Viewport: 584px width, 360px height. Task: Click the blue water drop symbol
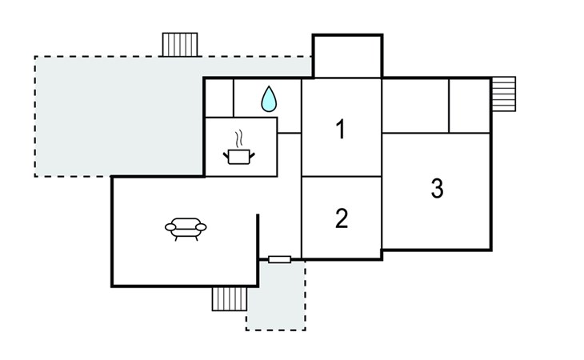tap(269, 99)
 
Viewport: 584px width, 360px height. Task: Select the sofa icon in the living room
tap(186, 229)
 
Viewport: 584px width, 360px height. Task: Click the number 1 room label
tap(341, 129)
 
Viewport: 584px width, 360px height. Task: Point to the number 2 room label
tap(342, 218)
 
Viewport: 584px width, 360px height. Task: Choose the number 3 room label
tap(437, 188)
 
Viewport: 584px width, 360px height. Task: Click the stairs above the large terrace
tap(180, 45)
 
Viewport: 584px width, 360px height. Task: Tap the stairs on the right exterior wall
tap(504, 94)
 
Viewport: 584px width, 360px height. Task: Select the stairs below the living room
tap(230, 299)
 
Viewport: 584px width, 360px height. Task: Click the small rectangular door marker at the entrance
tap(280, 259)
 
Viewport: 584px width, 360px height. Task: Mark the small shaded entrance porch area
tap(276, 295)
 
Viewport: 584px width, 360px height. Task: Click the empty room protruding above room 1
tap(347, 57)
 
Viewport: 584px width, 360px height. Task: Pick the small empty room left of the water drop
tap(219, 98)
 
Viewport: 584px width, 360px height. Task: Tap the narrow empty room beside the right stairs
tap(470, 106)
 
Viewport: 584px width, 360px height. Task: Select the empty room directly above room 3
tap(416, 106)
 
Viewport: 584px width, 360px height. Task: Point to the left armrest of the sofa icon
tap(170, 227)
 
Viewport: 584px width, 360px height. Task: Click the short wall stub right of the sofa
tap(258, 237)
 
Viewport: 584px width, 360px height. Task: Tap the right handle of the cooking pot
tap(252, 155)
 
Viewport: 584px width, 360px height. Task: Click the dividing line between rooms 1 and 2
tap(342, 176)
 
